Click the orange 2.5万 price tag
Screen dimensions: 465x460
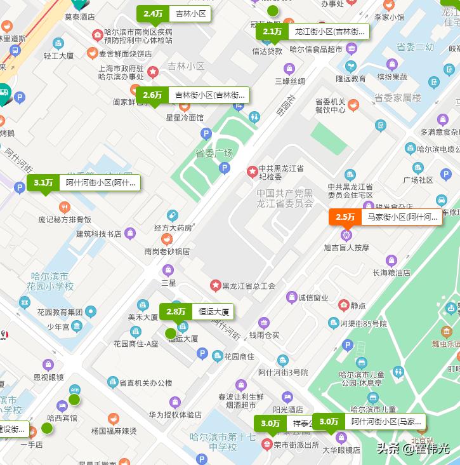click(345, 217)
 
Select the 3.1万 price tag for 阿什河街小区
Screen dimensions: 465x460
click(43, 183)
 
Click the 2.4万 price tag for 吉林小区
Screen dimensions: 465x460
click(153, 14)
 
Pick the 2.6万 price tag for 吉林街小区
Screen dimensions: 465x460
click(152, 95)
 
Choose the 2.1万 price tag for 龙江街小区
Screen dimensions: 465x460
click(272, 32)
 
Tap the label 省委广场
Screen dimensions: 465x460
click(214, 153)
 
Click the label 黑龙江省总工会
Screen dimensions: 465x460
click(248, 286)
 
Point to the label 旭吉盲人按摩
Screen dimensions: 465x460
click(346, 247)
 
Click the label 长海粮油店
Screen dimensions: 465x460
click(391, 273)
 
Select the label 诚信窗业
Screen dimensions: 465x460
click(313, 297)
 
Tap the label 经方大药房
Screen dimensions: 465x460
click(173, 227)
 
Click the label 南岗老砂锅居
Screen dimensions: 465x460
click(167, 251)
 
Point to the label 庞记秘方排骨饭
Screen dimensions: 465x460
click(65, 220)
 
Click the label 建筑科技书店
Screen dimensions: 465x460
click(99, 234)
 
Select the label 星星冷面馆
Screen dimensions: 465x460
click(185, 118)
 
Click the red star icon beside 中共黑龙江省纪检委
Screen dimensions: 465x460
click(253, 171)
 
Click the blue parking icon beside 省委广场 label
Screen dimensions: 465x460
click(224, 168)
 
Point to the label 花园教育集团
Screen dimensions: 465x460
click(60, 312)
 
